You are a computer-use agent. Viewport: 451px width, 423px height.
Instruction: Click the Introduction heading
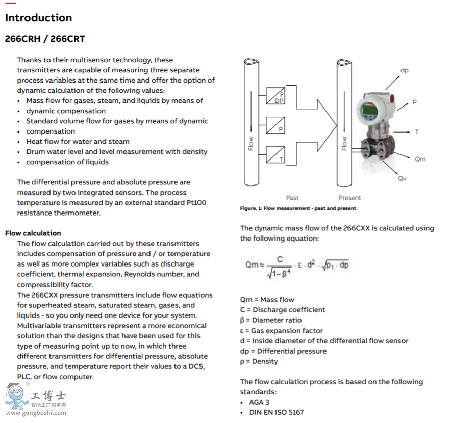tap(38, 18)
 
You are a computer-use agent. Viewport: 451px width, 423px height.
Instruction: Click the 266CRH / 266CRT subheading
tap(45, 39)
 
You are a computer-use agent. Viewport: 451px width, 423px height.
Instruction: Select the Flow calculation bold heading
tap(33, 233)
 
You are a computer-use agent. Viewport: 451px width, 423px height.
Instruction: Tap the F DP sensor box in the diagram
tap(275, 97)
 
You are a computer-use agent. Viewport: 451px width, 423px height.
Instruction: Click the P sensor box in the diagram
tap(275, 125)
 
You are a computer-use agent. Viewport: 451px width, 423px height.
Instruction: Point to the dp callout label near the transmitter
tap(404, 71)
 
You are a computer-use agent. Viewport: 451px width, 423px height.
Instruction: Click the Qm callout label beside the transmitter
tap(420, 159)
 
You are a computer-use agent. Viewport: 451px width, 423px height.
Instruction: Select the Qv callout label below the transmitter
tap(403, 178)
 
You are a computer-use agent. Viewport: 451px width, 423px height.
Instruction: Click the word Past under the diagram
tap(292, 198)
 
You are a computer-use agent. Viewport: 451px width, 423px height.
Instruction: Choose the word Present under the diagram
tap(349, 198)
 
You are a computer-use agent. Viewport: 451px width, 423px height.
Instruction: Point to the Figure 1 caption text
tap(298, 208)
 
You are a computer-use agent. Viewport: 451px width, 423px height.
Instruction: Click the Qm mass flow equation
tap(297, 265)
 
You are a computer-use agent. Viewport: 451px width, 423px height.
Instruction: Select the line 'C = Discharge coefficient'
tap(283, 310)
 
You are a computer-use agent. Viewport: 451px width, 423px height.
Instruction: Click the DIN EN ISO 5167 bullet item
tap(276, 412)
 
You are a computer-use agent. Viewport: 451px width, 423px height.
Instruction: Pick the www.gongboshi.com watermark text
tap(36, 413)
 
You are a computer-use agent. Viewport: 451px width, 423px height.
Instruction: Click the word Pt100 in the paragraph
tap(196, 203)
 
